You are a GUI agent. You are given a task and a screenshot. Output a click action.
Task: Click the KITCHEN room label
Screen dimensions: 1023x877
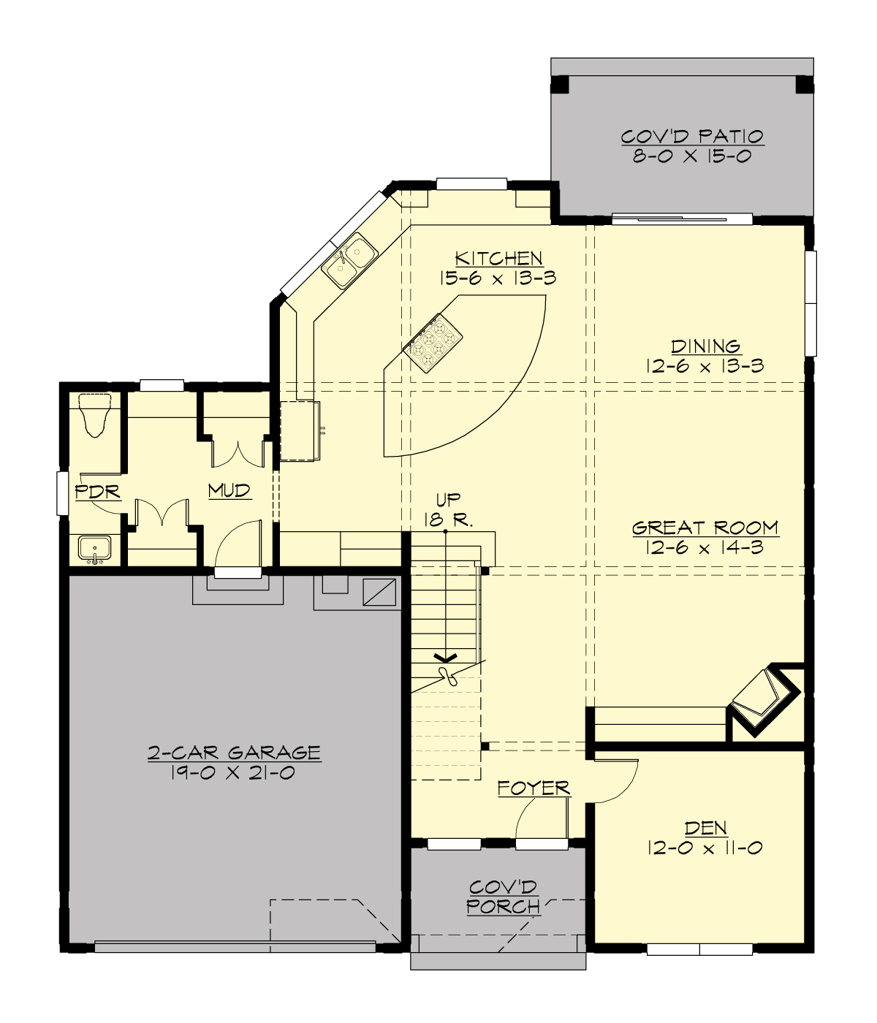coord(498,258)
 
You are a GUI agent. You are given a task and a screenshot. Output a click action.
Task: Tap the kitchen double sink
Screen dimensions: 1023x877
coord(351,260)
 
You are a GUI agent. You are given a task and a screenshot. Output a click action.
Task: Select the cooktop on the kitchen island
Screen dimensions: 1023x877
coord(433,343)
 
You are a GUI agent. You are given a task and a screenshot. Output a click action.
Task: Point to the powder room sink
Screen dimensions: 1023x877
coord(94,549)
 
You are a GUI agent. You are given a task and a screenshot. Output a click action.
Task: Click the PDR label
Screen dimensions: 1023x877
coord(98,491)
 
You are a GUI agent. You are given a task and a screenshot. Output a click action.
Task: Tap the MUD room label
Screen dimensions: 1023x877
coord(229,490)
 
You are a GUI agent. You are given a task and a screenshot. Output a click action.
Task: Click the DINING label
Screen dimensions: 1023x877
coord(705,346)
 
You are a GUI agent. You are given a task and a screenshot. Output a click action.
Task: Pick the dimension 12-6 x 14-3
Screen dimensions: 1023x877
coord(705,547)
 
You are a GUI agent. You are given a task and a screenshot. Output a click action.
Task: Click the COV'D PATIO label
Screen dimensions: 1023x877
coord(692,137)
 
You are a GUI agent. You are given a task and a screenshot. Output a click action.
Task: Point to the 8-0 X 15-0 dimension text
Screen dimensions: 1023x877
coord(692,156)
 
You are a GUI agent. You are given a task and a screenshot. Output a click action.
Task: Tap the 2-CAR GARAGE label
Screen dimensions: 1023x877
coord(234,752)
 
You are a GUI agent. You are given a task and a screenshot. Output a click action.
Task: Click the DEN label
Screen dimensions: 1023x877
coord(705,828)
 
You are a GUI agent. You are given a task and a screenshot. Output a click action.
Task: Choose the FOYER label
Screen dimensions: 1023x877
coord(534,788)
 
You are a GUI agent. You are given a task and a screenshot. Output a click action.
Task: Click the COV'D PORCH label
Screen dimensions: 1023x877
coord(504,897)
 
